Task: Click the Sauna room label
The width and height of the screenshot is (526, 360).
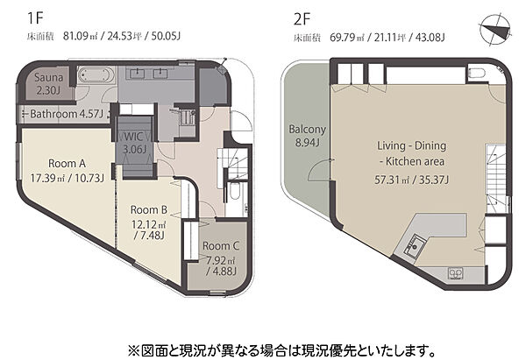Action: [48, 77]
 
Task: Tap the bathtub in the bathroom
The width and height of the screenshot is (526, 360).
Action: [95, 75]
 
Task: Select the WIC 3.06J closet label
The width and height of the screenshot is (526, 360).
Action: [134, 143]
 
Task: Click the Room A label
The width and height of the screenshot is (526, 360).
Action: [67, 163]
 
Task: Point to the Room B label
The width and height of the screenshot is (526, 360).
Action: [149, 210]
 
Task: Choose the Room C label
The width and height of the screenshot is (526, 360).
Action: [220, 246]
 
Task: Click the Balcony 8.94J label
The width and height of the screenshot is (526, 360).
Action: [308, 136]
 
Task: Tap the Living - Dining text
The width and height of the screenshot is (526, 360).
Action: [412, 145]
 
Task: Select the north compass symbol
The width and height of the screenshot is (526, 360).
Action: [495, 30]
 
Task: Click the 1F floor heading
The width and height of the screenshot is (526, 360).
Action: [35, 18]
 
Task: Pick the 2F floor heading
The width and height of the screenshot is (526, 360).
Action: [302, 19]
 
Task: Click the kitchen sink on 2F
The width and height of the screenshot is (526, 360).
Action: [416, 244]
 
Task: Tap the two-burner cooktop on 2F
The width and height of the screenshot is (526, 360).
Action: [456, 273]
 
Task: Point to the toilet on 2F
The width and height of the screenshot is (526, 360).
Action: [476, 73]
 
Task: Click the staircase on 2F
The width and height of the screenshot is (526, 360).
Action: [496, 179]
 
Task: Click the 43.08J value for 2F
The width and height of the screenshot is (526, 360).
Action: [430, 37]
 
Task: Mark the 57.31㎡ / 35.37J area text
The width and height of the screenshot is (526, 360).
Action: [412, 180]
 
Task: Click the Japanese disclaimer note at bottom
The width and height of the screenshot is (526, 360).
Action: [281, 350]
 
